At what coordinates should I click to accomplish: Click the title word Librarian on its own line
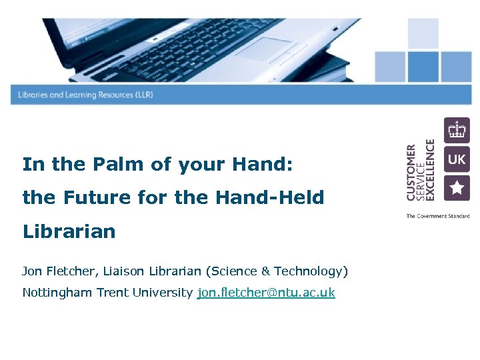coord(69,231)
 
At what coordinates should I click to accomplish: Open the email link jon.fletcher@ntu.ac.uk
coord(266,293)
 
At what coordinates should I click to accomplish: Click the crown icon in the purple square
coord(457,129)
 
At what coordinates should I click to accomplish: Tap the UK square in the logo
coord(457,159)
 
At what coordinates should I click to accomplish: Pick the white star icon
coord(457,188)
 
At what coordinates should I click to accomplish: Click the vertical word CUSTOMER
coord(411,172)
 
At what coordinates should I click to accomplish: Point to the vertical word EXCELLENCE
coord(430,170)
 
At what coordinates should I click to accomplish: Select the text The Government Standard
coord(438,216)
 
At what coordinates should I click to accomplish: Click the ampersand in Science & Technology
coord(265,271)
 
